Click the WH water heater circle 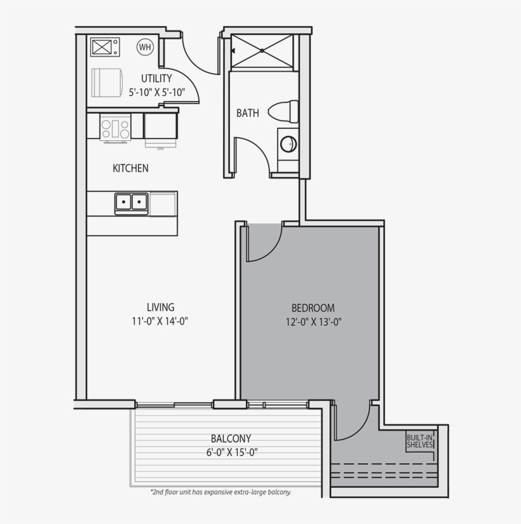pos(145,46)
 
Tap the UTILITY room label pos(156,79)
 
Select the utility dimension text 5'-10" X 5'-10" pos(156,92)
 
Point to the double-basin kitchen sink pos(132,203)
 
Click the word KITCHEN pos(130,168)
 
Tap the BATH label pos(248,114)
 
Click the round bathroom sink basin pos(288,144)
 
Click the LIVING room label pos(160,307)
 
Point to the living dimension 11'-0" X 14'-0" pos(160,321)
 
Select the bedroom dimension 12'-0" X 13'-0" pos(313,322)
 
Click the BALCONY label pos(231,439)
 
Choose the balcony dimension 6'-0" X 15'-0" pos(231,452)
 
